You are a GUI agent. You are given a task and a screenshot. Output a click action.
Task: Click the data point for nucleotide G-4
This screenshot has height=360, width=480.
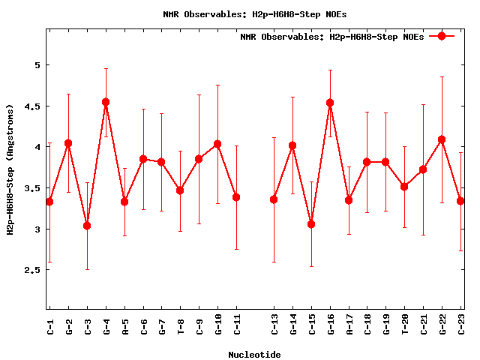[106, 102]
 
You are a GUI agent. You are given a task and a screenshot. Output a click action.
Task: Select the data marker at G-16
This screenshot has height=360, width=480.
[330, 103]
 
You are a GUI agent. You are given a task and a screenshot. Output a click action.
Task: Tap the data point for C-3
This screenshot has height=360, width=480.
[87, 226]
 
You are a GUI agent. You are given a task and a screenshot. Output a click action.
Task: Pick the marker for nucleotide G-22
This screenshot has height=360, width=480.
[442, 139]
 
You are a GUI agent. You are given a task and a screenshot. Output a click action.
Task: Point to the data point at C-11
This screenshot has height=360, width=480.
[236, 197]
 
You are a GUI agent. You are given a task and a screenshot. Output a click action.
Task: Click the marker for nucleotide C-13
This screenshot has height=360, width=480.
[274, 199]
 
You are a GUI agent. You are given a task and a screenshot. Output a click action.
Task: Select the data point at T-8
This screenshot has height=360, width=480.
[180, 190]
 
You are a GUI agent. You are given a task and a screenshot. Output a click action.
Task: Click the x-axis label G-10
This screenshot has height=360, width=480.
[218, 324]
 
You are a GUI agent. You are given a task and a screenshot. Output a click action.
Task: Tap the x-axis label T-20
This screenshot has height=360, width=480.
[405, 324]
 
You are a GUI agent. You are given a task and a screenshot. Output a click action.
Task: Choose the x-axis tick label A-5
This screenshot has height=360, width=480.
[124, 324]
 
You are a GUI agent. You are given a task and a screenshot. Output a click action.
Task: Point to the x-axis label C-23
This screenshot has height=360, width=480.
[461, 324]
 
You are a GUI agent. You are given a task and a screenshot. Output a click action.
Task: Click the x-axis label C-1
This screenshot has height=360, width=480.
[50, 324]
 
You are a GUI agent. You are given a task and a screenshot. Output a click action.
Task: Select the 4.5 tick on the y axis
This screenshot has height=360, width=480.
[31, 106]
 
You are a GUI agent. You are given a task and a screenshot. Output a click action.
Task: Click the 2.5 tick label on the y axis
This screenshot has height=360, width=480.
[31, 270]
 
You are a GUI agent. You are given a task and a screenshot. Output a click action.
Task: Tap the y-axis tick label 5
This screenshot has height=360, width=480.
[36, 65]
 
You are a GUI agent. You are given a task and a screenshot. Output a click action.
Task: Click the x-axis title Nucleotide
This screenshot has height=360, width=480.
[254, 355]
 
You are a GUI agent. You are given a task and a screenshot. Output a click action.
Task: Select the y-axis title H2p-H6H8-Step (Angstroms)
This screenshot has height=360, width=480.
[10, 179]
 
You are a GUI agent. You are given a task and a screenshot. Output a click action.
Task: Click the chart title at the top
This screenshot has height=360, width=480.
[254, 14]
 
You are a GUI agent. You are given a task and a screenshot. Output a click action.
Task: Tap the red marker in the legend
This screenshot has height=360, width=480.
[442, 36]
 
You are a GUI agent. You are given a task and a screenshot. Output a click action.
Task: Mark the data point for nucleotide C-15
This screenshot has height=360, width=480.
[311, 224]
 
